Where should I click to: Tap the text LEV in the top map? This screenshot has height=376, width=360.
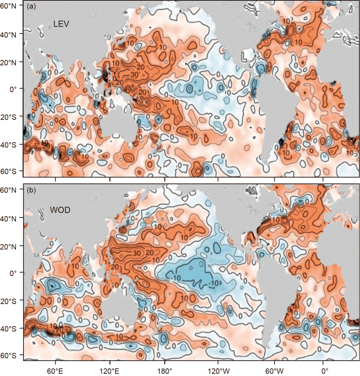click(61, 24)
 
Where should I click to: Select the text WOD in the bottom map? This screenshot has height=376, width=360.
click(60, 210)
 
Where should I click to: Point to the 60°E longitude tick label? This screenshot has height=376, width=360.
click(55, 369)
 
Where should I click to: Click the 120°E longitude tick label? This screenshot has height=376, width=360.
click(110, 369)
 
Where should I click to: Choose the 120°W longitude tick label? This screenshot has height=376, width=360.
click(218, 369)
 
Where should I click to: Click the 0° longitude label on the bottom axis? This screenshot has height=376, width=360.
click(325, 369)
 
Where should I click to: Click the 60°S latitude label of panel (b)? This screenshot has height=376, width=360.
click(11, 355)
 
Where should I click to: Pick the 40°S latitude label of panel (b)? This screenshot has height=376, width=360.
click(11, 328)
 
